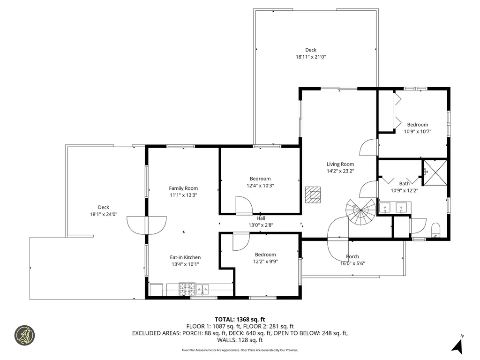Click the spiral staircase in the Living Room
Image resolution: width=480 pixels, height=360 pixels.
point(360,212)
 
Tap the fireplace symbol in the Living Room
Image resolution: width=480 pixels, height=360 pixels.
point(313,195)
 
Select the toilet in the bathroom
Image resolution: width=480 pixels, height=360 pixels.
point(435,230)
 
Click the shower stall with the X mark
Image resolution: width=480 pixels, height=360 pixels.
point(435,172)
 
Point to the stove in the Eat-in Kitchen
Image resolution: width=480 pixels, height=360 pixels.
point(187,289)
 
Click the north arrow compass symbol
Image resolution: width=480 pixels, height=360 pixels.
point(457,345)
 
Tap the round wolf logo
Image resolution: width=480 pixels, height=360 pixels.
point(25,335)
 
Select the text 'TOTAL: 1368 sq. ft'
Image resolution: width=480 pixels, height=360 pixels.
point(240,320)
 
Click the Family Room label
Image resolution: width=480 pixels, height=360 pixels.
point(183,188)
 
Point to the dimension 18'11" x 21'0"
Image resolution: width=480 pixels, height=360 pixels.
point(311,57)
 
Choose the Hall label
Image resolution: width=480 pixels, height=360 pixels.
point(261,218)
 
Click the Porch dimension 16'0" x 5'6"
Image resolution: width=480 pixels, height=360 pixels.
point(352,263)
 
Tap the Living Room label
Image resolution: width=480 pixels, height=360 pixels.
point(340,164)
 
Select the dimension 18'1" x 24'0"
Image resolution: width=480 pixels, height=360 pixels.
point(104,214)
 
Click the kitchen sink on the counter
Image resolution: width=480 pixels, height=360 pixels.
point(202,289)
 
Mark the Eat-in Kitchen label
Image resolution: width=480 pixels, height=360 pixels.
point(185,257)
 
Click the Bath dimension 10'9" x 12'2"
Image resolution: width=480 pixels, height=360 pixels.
point(405,190)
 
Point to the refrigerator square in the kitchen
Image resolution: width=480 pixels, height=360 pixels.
point(157,290)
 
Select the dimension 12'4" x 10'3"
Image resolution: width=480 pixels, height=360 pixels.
point(260,186)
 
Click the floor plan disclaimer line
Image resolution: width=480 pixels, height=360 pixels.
point(240,350)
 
